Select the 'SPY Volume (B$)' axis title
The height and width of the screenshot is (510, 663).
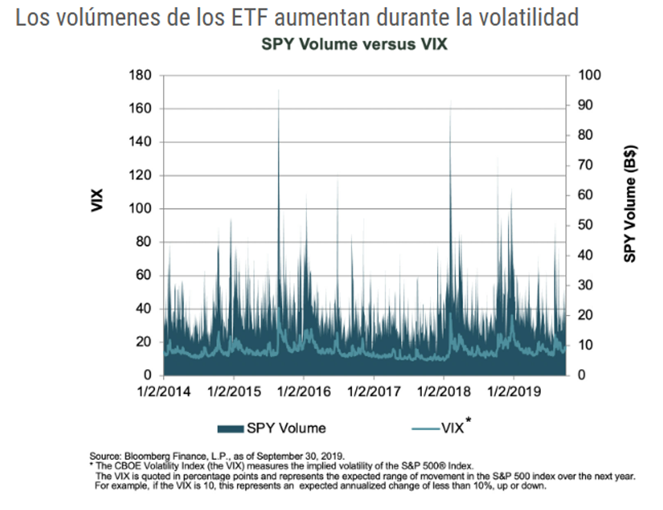pos(629,209)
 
